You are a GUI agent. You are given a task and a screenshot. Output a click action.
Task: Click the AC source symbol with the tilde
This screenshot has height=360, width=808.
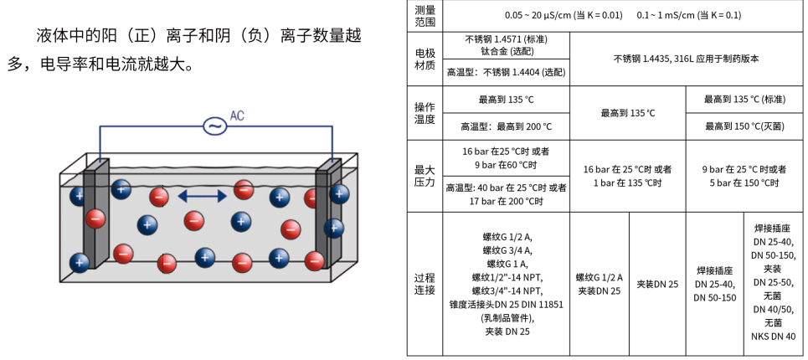coord(215,126)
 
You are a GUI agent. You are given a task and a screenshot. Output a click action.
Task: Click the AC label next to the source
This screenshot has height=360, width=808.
coord(238,116)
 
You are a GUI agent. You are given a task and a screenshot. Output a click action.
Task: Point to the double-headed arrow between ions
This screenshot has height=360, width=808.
coord(201,196)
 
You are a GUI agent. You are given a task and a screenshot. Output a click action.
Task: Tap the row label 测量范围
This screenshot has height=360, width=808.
coord(425,16)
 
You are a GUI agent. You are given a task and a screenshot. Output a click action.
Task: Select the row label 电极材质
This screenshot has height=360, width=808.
coord(425,59)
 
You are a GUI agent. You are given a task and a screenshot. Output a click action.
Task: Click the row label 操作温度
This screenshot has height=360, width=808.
coord(425,113)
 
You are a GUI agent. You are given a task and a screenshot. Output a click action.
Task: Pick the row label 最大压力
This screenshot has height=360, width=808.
coord(425,176)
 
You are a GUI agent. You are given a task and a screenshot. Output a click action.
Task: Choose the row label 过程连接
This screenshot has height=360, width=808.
coord(425,284)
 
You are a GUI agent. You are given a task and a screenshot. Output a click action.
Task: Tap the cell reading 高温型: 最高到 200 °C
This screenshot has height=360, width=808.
coord(506,126)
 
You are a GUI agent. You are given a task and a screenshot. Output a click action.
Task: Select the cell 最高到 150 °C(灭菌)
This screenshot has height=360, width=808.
coord(744,126)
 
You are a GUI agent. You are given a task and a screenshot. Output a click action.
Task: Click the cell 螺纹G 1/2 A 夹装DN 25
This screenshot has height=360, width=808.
coord(599,284)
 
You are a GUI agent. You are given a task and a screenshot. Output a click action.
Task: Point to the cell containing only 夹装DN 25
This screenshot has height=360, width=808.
coord(657,284)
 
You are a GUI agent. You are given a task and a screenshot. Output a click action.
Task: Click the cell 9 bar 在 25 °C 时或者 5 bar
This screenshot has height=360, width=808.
coord(744,176)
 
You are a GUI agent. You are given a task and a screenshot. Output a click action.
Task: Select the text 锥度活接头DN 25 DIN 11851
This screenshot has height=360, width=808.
coord(506,305)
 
